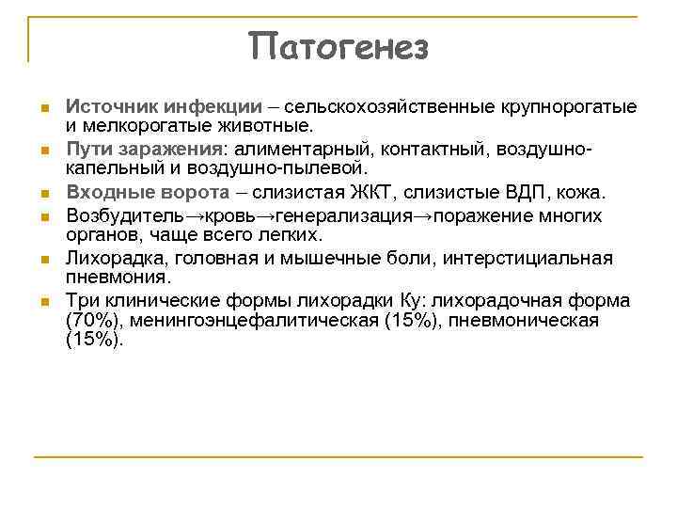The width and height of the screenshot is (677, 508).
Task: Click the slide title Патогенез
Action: point(338,45)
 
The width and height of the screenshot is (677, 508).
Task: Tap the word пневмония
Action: point(118,278)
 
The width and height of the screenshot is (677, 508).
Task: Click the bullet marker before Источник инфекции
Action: point(44,108)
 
